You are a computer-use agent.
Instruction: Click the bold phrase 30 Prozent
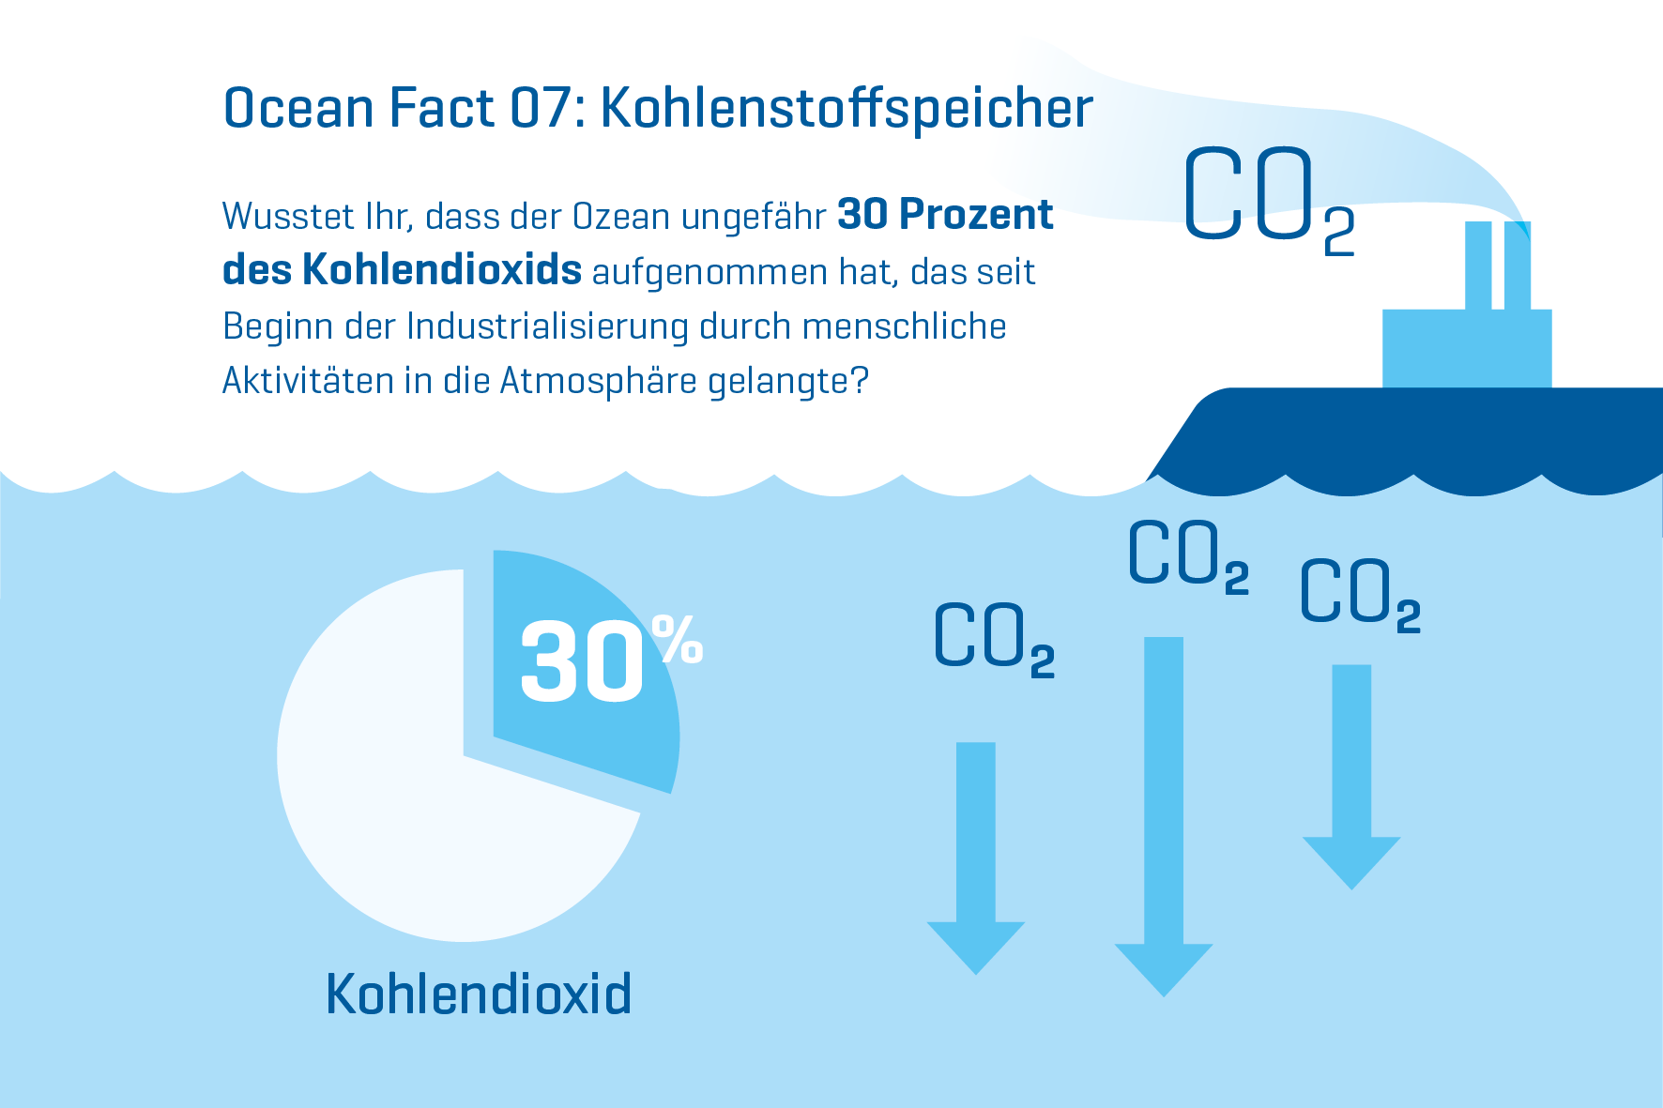tap(945, 215)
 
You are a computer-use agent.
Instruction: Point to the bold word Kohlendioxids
tap(442, 269)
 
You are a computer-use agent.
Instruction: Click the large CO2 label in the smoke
tap(1269, 199)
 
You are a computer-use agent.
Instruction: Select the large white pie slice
tap(413, 797)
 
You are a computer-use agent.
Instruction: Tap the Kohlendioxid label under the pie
tap(479, 994)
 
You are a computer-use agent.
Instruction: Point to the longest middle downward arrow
tap(1164, 816)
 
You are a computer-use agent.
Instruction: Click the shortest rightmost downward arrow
tap(1351, 777)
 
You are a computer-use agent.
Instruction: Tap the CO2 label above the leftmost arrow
tap(994, 638)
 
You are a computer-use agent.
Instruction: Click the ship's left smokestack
tap(1478, 266)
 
